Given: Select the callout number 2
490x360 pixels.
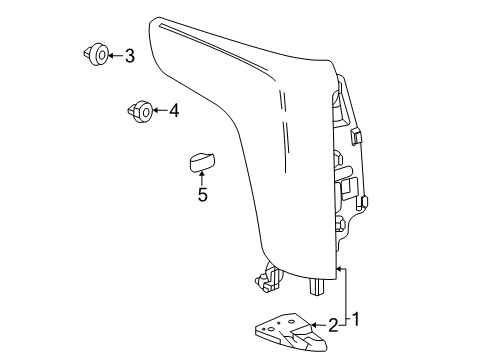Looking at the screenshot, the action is coord(334,325).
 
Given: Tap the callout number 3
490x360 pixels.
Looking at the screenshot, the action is coord(130,56).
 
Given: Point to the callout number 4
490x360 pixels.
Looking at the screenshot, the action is coord(174,111).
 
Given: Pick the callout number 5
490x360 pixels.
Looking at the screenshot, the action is coord(202,195).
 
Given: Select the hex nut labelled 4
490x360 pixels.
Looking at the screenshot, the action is coord(140,112).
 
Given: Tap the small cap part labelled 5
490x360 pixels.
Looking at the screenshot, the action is coord(201,161).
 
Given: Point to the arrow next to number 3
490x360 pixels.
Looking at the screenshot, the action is coord(112,56).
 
